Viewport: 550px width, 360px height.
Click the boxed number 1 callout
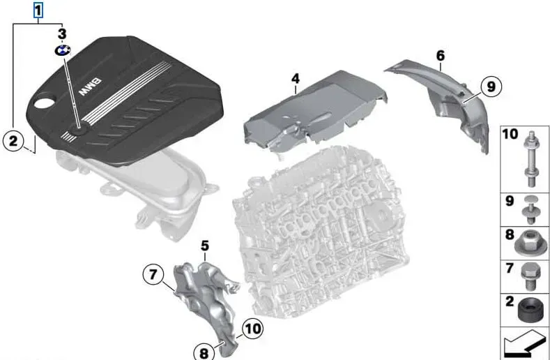click(x=38, y=10)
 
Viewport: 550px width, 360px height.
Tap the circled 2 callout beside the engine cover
click(x=13, y=141)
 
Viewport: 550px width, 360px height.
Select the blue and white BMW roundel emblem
click(x=63, y=50)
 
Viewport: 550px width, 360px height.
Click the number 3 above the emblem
click(x=62, y=33)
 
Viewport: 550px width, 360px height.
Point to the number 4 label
click(x=296, y=79)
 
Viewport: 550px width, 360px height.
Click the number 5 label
click(x=205, y=246)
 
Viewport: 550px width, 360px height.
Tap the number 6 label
click(x=441, y=56)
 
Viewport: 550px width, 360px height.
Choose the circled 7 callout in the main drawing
click(x=153, y=274)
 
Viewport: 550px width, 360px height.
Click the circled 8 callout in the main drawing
click(x=204, y=352)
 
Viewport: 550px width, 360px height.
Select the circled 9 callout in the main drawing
click(x=491, y=86)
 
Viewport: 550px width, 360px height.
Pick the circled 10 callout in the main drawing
click(x=252, y=329)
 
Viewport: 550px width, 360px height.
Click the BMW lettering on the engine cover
click(x=90, y=87)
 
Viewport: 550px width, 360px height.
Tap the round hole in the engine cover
click(x=43, y=103)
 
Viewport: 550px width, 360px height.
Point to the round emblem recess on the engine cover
click(x=79, y=130)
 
